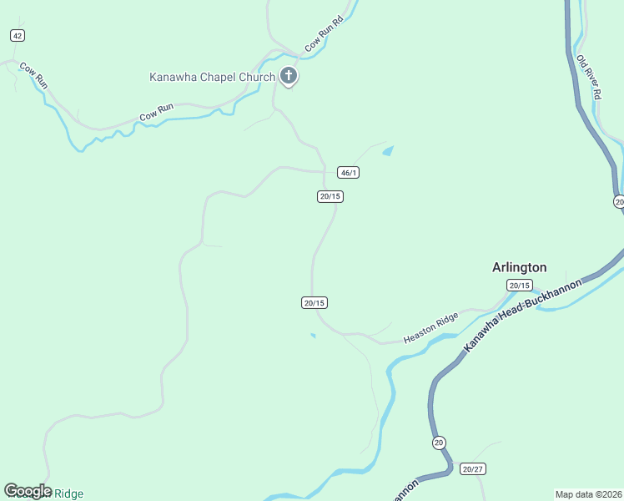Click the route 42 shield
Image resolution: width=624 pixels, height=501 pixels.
click(x=18, y=35)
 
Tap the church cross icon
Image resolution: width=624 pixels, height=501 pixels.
click(x=289, y=77)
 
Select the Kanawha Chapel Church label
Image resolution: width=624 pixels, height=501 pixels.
click(x=212, y=78)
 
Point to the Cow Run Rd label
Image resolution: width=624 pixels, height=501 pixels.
click(x=325, y=35)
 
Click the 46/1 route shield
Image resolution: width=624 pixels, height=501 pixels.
click(x=349, y=173)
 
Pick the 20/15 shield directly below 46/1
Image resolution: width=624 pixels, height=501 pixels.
click(x=330, y=196)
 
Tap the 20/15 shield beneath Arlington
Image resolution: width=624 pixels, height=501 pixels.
click(x=519, y=286)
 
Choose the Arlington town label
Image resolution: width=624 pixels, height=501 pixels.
click(x=519, y=267)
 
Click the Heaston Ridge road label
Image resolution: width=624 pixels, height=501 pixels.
click(x=431, y=327)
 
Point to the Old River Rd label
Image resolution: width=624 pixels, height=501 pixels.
click(x=589, y=78)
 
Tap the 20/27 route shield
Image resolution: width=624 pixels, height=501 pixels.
click(x=473, y=469)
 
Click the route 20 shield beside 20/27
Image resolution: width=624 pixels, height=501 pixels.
click(x=439, y=443)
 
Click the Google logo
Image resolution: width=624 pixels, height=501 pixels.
click(x=28, y=491)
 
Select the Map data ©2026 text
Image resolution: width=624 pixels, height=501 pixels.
click(x=588, y=493)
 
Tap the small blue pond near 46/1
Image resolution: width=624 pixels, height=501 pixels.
click(x=387, y=151)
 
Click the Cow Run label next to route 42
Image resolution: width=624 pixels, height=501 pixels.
click(x=34, y=75)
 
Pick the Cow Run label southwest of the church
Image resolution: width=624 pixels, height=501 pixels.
click(x=156, y=111)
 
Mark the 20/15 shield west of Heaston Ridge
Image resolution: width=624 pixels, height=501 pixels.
click(x=314, y=303)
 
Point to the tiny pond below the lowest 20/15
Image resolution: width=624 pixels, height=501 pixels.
click(x=313, y=336)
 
